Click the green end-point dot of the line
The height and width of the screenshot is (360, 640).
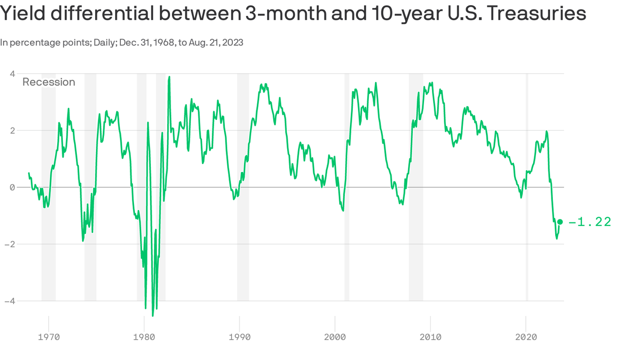[560, 222]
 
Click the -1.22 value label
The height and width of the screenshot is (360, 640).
[590, 222]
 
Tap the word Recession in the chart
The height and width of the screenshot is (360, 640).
[49, 82]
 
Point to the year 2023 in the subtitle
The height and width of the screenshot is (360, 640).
[233, 42]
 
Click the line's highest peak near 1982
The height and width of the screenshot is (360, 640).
[169, 77]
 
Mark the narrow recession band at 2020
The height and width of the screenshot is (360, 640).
[527, 187]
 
